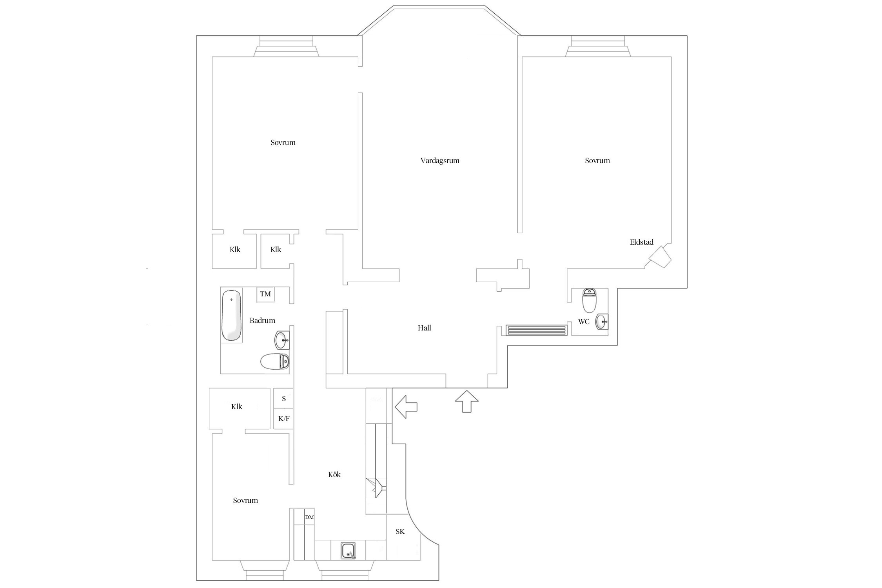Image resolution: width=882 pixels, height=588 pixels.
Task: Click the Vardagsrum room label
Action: pos(440,161)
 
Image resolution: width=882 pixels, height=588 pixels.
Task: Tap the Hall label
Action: pos(424,328)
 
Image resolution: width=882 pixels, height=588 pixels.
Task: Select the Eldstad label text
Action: pos(642,242)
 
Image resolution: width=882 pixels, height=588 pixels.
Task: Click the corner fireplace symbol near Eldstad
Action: pos(660,257)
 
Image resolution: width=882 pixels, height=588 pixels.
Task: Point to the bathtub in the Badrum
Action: pos(231,315)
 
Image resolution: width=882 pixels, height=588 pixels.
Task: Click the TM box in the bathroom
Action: pos(265,294)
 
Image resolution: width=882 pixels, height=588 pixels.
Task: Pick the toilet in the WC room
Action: pos(590,299)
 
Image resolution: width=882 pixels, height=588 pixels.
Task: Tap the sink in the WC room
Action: pos(602,322)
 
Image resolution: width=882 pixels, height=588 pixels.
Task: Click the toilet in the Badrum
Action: pos(275,361)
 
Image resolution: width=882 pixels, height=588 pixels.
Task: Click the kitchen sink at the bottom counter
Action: pos(348,550)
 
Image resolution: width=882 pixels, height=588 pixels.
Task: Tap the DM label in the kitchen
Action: pos(309,517)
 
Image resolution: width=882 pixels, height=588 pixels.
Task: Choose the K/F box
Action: pos(283,419)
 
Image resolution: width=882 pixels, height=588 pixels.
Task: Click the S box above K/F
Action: pos(283,399)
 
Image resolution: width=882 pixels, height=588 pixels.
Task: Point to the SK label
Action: pos(400,532)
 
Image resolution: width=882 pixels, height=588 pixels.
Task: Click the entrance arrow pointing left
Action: pos(406,407)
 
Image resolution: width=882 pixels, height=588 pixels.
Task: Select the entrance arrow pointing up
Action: pos(467,401)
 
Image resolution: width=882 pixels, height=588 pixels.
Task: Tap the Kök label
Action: pos(334,475)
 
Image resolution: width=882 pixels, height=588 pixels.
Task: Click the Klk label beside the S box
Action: pos(237,407)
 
